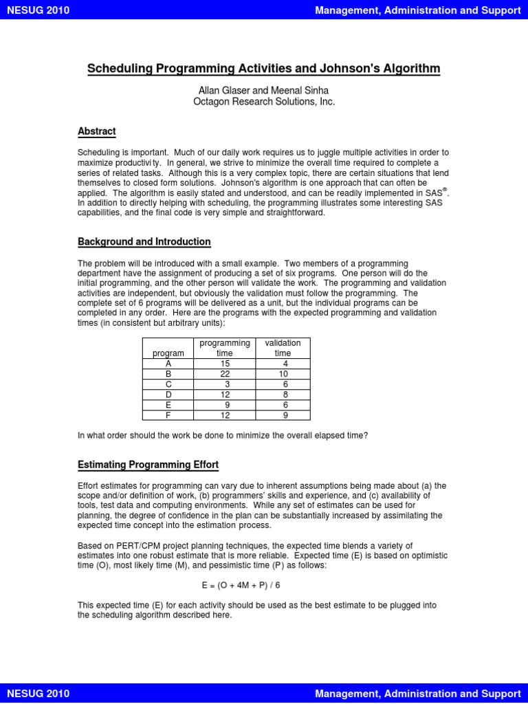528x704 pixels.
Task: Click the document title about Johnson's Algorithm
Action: (263, 69)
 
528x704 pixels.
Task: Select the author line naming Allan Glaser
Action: (263, 90)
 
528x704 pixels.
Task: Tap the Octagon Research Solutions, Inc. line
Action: (263, 102)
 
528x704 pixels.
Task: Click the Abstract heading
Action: (96, 131)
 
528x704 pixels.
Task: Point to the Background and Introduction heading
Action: (144, 242)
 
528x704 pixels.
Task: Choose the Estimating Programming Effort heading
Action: (148, 465)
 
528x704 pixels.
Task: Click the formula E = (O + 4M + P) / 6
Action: (241, 586)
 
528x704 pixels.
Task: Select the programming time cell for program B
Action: (225, 374)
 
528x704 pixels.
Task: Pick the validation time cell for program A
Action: (283, 364)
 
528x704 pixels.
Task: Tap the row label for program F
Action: (168, 415)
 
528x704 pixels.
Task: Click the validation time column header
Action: (283, 348)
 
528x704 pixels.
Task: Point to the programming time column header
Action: (225, 348)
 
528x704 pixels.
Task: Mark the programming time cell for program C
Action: (225, 384)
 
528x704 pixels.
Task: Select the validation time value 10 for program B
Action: (283, 374)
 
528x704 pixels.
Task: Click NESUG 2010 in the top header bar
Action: (38, 10)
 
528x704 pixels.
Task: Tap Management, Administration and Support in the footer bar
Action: (417, 693)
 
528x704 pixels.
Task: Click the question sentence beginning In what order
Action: (223, 435)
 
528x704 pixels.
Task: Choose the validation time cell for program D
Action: (283, 395)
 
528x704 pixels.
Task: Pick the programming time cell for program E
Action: (225, 405)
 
